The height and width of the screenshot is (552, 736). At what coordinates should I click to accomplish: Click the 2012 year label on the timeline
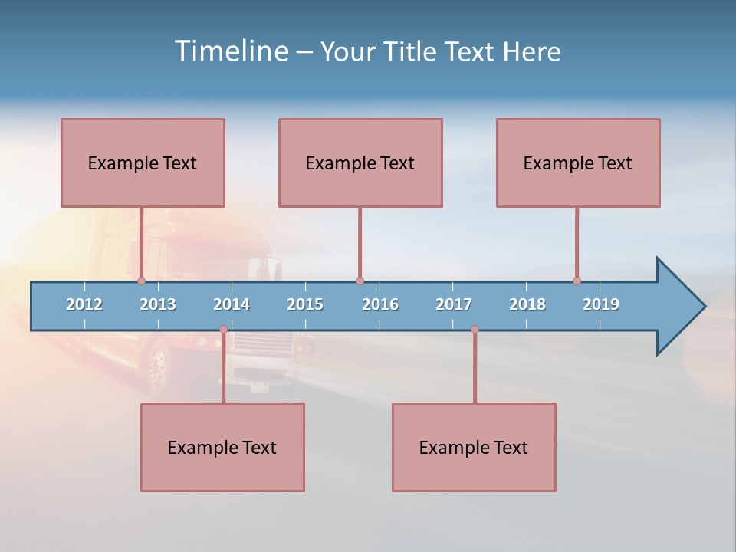coord(84,304)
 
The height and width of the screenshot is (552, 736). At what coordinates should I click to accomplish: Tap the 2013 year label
coord(158,304)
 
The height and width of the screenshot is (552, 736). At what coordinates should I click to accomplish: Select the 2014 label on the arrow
coord(232,304)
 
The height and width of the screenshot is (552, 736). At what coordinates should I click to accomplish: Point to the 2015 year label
coord(305,304)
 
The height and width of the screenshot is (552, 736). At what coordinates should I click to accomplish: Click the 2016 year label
coord(380,304)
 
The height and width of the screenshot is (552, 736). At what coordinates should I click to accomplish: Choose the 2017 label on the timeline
coord(454,304)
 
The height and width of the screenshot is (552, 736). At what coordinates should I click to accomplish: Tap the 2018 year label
coord(527,304)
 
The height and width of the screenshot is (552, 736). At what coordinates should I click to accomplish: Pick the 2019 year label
coord(601,304)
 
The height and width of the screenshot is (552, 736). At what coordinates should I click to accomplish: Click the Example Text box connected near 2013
coord(143,163)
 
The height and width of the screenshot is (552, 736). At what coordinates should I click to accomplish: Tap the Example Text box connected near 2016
coord(360,163)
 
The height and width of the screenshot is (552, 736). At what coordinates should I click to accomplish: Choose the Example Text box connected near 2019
coord(578,163)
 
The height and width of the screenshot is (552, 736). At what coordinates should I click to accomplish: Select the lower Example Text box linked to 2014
coord(222,447)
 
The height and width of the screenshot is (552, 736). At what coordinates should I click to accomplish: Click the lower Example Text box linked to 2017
coord(474,447)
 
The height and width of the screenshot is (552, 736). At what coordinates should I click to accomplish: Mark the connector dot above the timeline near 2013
coord(141,281)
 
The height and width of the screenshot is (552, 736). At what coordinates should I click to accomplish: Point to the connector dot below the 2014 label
coord(223,330)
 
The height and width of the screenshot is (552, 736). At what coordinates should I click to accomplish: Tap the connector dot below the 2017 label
coord(475,330)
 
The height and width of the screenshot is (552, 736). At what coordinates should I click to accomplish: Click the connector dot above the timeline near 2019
coord(577,281)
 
